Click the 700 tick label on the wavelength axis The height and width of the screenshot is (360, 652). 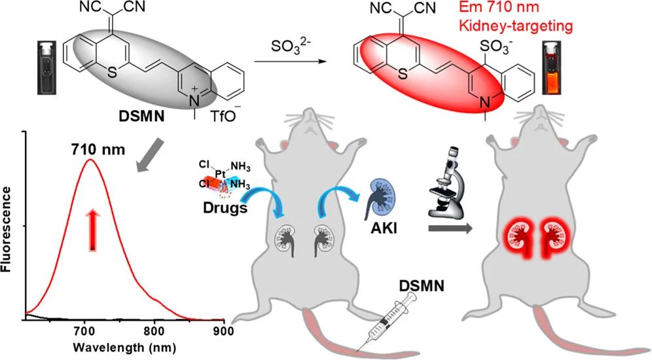[84, 333]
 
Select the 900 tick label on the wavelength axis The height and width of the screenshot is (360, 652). [223, 333]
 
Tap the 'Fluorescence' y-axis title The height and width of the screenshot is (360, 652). [7, 230]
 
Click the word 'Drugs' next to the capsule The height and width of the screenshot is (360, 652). [225, 207]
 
